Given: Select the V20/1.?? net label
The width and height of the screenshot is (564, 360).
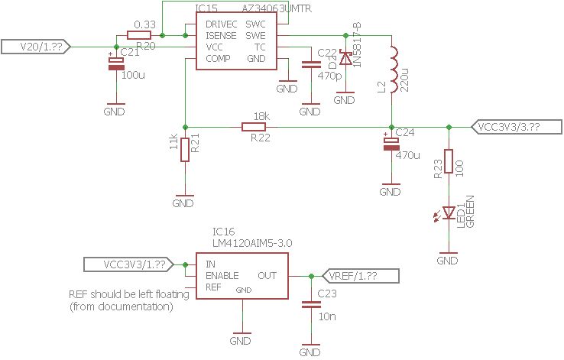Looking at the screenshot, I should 37,47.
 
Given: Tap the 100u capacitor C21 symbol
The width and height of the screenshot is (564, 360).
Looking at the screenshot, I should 116,64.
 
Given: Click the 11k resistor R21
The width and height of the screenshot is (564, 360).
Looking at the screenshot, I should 184,149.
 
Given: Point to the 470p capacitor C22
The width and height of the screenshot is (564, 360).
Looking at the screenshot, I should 310,66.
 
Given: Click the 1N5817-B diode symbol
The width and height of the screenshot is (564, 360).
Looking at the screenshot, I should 345,58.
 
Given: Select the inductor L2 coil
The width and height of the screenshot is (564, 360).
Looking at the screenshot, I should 391,70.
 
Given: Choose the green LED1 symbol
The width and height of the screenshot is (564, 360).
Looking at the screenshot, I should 449,215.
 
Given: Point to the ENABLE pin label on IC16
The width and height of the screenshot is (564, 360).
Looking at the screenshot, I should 222,275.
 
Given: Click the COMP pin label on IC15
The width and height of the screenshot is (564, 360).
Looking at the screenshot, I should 219,58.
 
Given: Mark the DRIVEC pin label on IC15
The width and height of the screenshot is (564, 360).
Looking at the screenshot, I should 222,24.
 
